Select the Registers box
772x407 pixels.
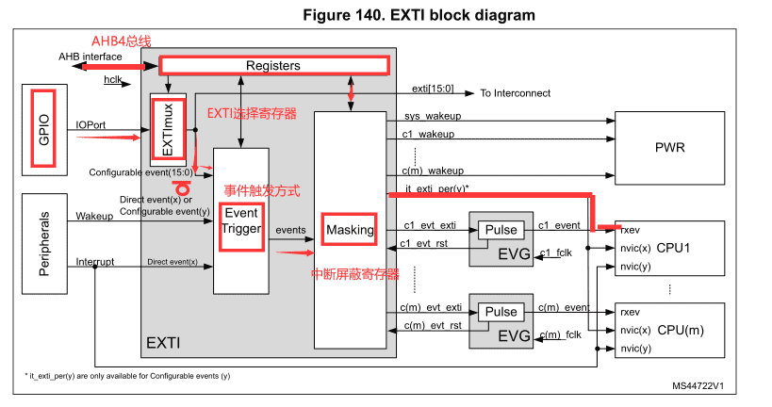point(273,66)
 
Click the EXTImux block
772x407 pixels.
point(169,128)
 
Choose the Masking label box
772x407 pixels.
point(349,230)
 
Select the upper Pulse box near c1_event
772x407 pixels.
point(501,230)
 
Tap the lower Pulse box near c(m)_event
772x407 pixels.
point(501,312)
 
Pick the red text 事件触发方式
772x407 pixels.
point(261,189)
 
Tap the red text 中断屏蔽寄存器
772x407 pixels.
point(354,274)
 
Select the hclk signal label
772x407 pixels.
point(114,81)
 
